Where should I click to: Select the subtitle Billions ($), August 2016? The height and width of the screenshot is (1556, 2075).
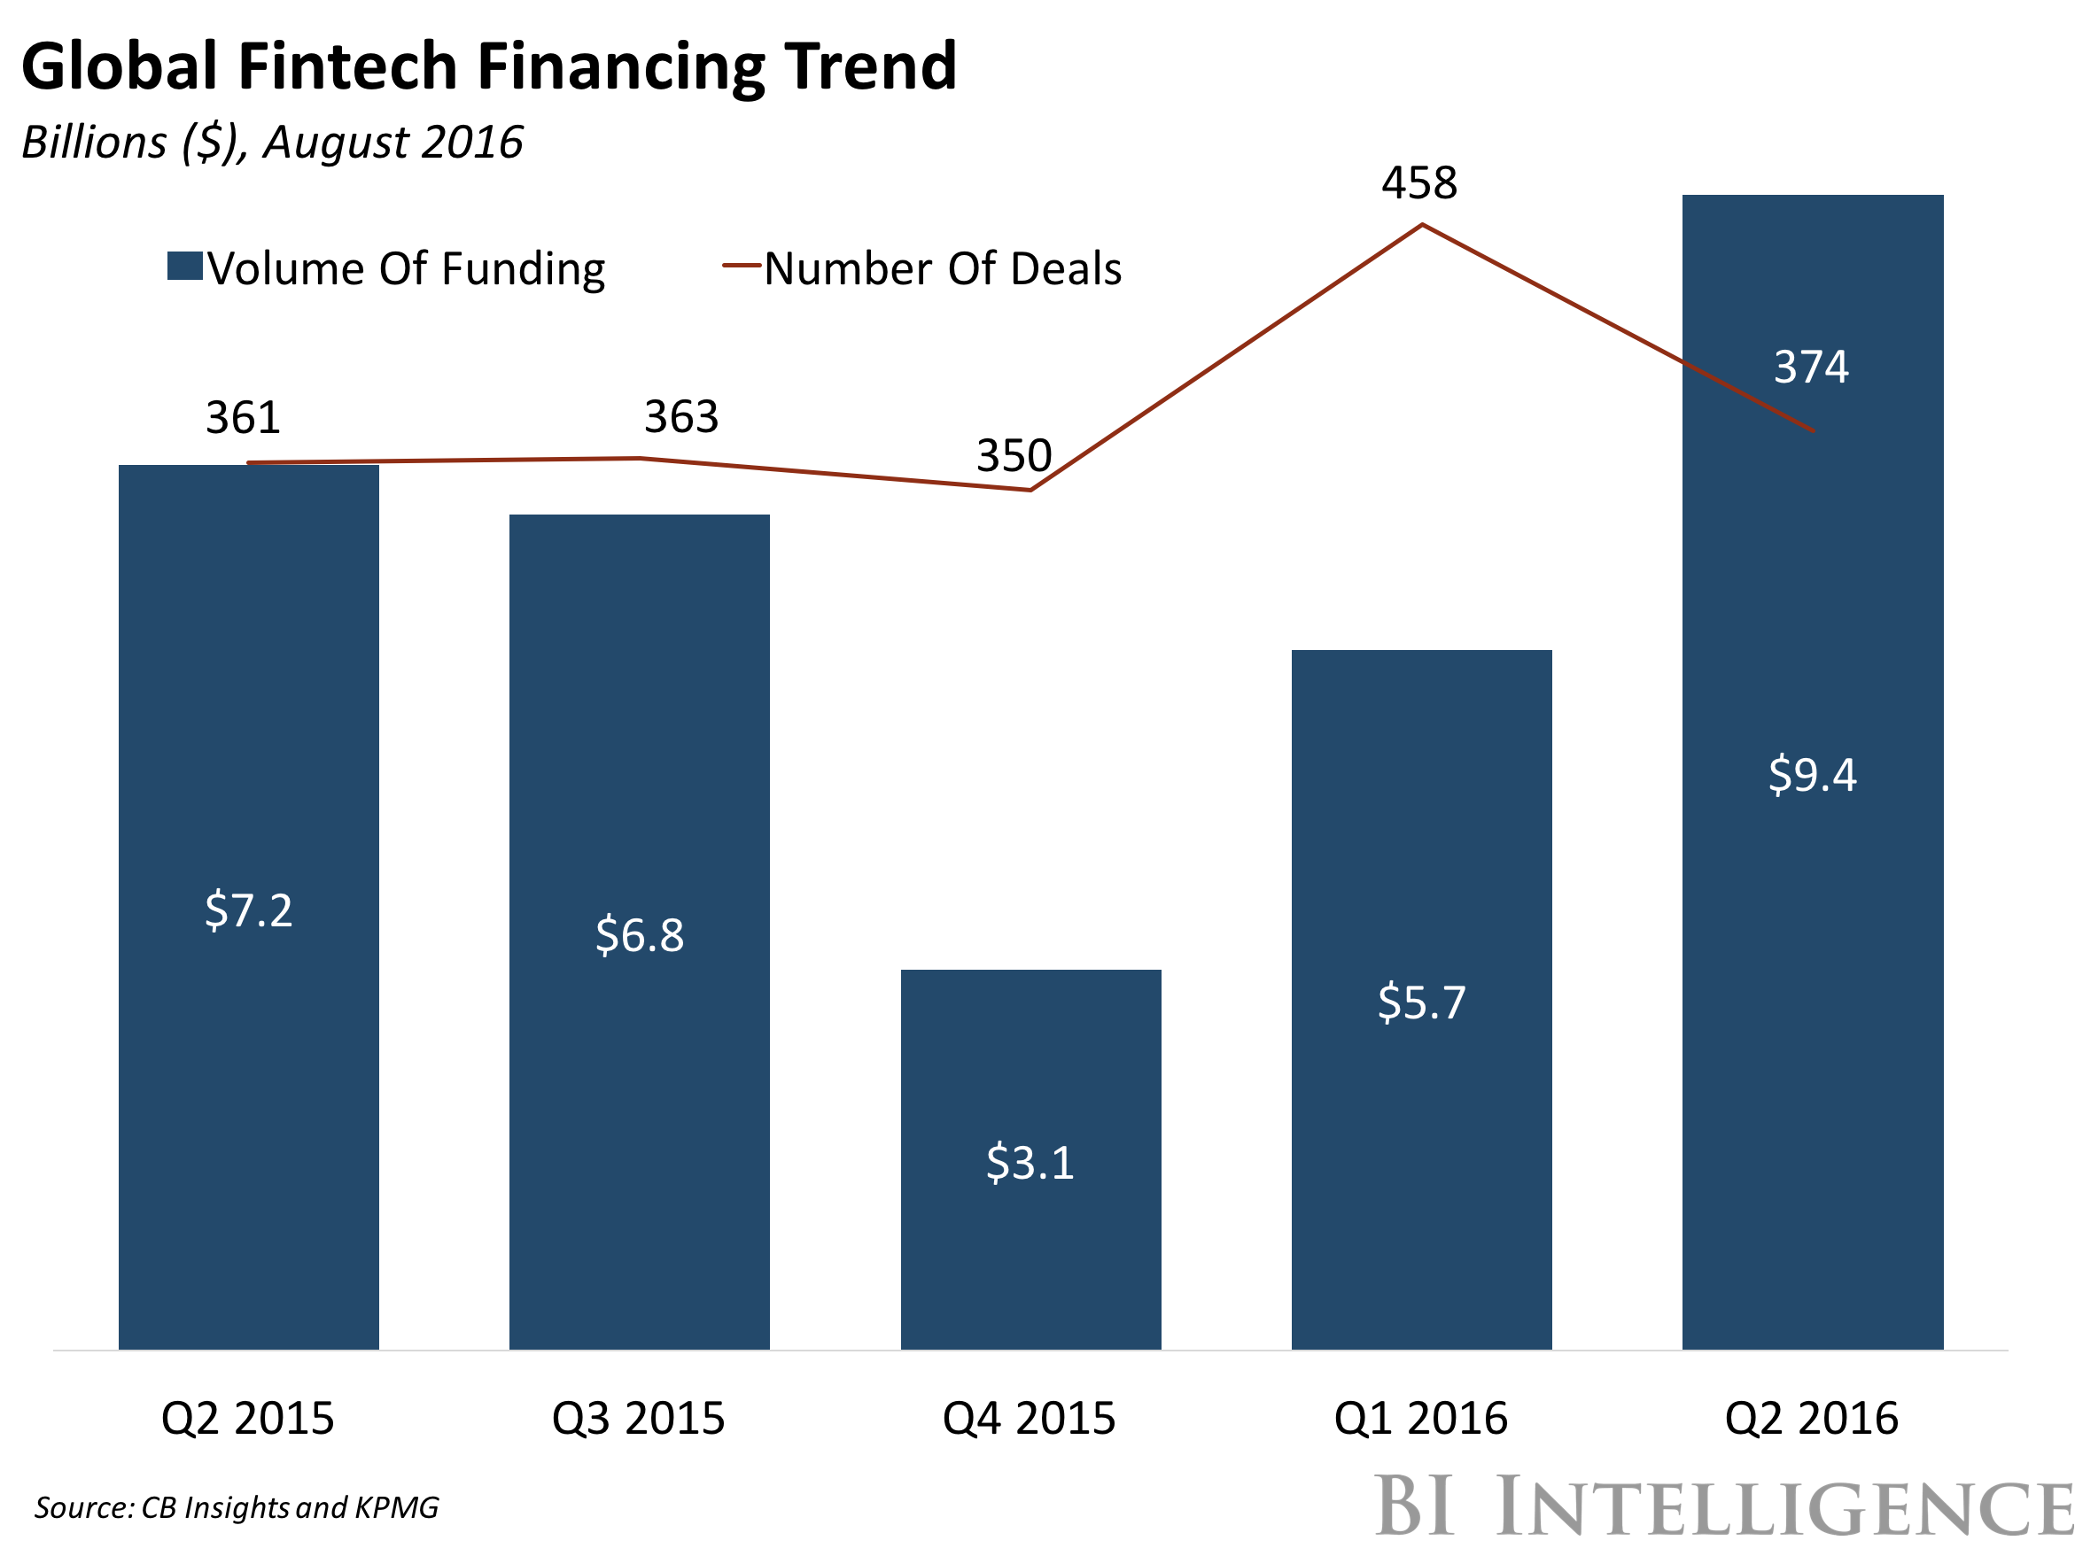point(272,143)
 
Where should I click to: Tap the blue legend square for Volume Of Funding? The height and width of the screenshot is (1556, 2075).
point(185,266)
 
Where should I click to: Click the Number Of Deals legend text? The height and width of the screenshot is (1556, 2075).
point(943,269)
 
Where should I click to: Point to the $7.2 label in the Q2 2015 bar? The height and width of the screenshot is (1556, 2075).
point(249,910)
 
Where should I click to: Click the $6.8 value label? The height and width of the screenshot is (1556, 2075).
point(640,936)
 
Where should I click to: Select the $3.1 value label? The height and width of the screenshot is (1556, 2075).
point(1030,1163)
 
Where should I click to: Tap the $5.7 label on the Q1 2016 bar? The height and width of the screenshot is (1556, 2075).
point(1421,1002)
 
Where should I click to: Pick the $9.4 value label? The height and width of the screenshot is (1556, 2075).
point(1813,775)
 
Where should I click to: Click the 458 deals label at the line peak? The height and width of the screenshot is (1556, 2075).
point(1419,183)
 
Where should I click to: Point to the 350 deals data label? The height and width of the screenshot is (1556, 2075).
point(1014,456)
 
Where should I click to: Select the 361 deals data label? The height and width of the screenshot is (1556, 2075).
point(243,417)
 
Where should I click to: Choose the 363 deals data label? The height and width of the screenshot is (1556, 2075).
point(681,416)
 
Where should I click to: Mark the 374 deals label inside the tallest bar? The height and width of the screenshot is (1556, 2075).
point(1811,367)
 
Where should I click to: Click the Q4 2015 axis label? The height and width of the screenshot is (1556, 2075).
point(1029,1418)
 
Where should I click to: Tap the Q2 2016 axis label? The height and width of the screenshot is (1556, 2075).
point(1811,1418)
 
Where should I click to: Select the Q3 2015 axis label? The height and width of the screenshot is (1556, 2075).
point(638,1418)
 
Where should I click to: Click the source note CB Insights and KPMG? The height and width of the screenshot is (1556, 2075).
point(237,1507)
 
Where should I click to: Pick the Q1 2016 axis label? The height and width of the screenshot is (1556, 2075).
point(1420,1418)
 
